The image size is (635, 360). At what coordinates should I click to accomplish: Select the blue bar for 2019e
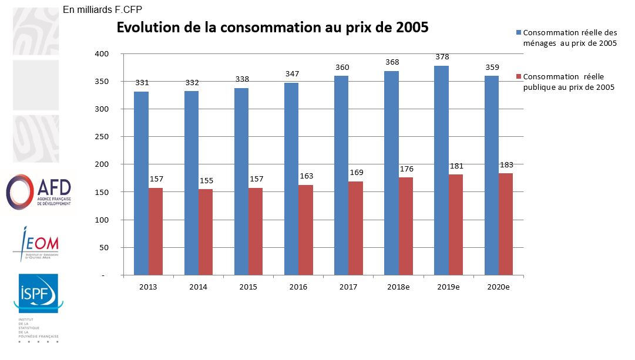point(441,170)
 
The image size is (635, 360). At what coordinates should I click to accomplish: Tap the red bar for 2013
point(156,231)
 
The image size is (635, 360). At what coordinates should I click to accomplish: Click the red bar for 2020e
point(506,224)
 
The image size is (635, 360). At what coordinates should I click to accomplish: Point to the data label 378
point(441,57)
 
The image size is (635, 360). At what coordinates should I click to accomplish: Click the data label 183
point(506,164)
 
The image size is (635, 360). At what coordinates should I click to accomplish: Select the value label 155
point(206,181)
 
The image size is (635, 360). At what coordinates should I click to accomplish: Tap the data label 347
point(291,74)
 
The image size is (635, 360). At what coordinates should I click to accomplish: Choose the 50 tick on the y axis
point(105,248)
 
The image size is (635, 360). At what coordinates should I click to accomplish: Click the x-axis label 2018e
point(399,287)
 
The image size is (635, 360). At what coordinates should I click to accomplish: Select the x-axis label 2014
point(198,287)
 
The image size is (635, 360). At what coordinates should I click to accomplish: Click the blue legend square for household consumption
point(518,32)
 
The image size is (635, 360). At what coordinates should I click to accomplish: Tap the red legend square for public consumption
point(518,77)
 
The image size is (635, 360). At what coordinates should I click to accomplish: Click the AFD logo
point(38,191)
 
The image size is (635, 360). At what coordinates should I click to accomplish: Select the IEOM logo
point(36,244)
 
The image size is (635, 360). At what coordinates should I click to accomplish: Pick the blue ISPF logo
point(38,293)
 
